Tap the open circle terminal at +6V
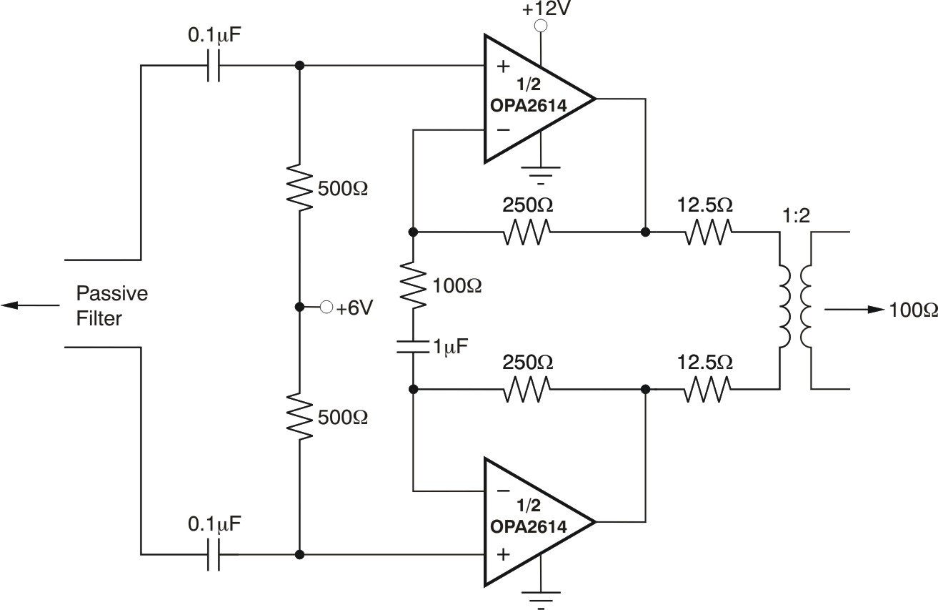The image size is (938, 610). (326, 308)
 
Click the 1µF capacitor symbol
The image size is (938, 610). (412, 348)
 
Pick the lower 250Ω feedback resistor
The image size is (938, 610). (527, 389)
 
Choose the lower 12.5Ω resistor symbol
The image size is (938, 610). (709, 389)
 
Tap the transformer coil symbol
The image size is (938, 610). (794, 309)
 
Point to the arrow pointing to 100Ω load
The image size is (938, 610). (854, 310)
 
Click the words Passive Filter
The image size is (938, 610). (101, 305)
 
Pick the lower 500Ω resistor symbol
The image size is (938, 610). (300, 416)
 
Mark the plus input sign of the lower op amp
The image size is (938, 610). (504, 554)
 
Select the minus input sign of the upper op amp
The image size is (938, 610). (503, 130)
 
